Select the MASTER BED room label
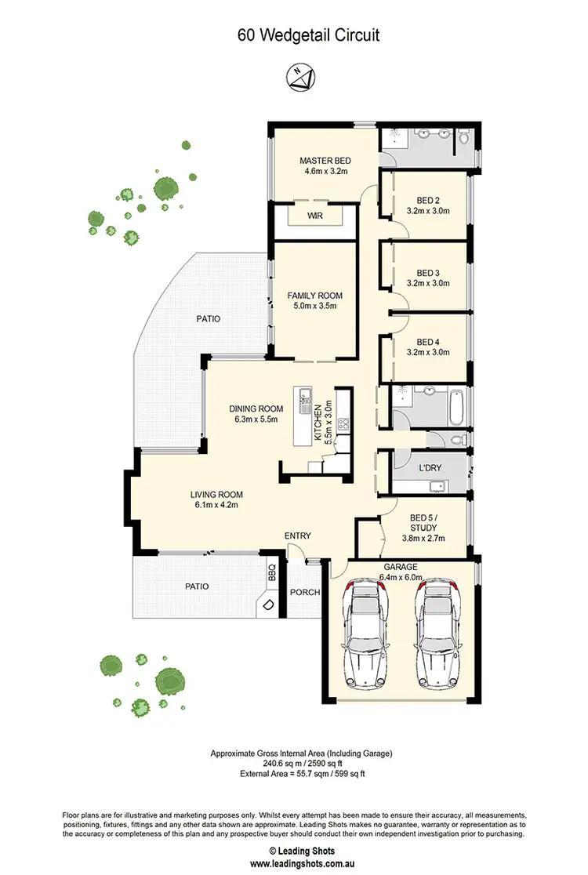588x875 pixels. tap(323, 161)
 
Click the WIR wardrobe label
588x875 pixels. tap(315, 215)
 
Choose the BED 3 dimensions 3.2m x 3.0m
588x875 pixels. tap(427, 284)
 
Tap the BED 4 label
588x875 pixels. tap(427, 342)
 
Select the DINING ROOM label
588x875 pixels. tap(256, 408)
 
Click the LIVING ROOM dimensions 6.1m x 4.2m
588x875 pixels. tap(216, 505)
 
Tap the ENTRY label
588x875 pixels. tap(298, 536)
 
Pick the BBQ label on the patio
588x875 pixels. tap(272, 572)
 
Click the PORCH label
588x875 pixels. tap(305, 592)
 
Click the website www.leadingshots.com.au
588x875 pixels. tap(293, 863)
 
